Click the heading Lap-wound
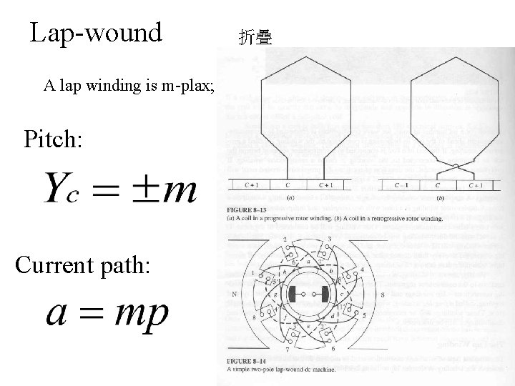pyautogui.click(x=97, y=33)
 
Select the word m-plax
pyautogui.click(x=182, y=86)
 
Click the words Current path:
pyautogui.click(x=82, y=266)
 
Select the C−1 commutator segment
pyautogui.click(x=401, y=185)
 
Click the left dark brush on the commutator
pyautogui.click(x=293, y=293)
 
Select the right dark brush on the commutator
pyautogui.click(x=325, y=293)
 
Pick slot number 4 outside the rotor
pyautogui.click(x=363, y=269)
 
